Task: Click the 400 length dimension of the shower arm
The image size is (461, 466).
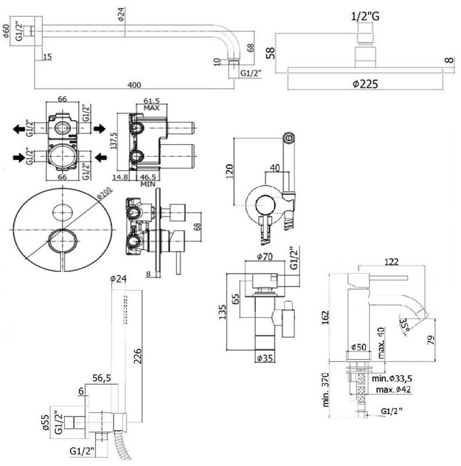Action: point(134,86)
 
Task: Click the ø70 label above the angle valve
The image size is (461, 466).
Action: point(265,256)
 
